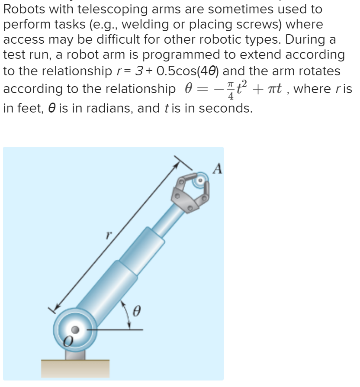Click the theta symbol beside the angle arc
point(138,310)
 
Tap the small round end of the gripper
point(200,179)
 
